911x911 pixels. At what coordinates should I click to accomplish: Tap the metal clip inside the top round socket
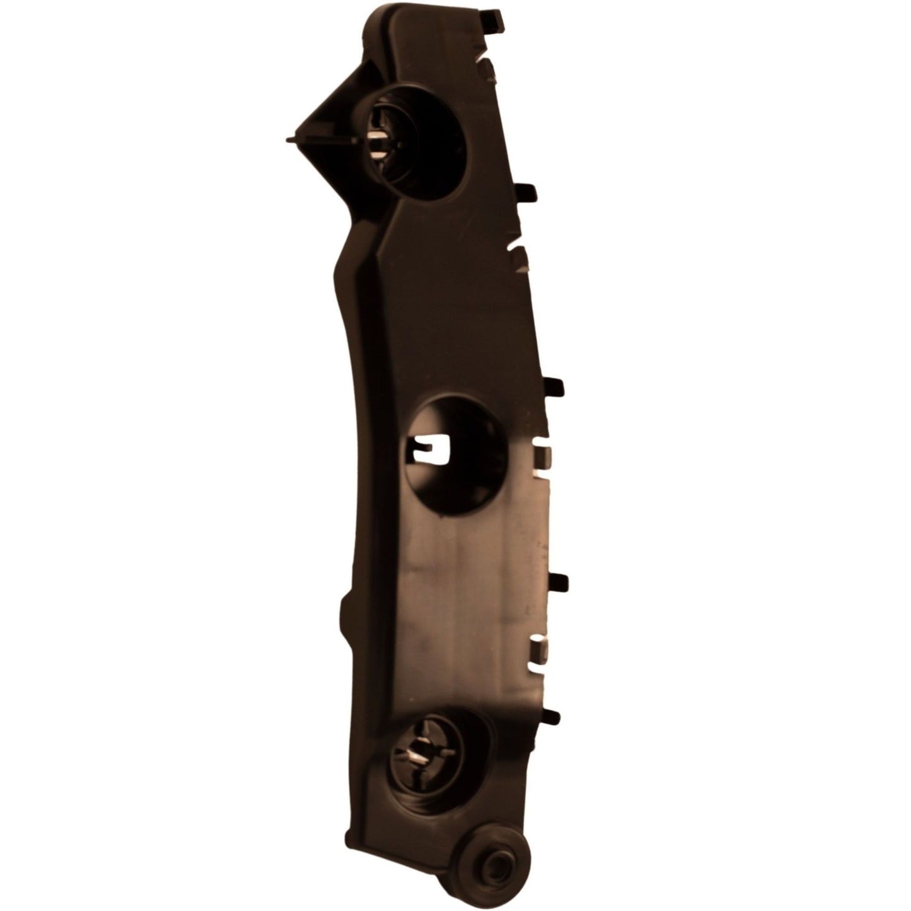378,136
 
